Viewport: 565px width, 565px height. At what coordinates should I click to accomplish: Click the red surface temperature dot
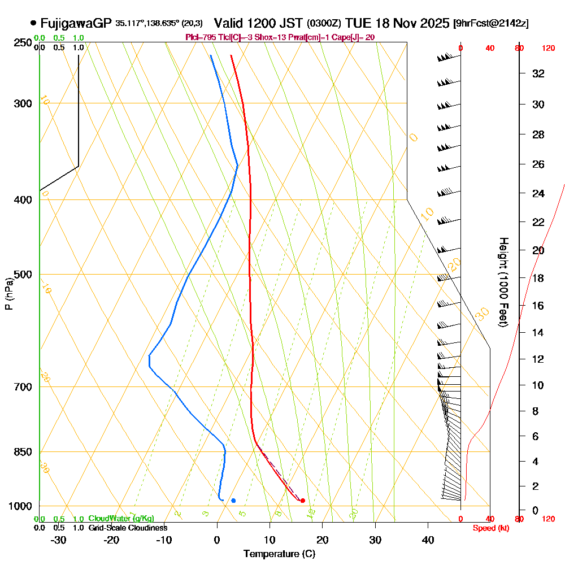click(x=303, y=501)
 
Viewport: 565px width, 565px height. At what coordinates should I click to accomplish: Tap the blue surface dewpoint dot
click(x=233, y=501)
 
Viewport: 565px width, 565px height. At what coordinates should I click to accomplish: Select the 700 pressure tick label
click(x=22, y=387)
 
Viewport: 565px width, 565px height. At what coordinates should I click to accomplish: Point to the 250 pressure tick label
click(x=22, y=43)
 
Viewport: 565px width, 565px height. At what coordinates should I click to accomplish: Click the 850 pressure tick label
click(x=22, y=452)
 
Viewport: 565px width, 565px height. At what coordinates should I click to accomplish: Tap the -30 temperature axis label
click(x=58, y=540)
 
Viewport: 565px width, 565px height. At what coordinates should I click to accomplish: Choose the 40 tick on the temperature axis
click(x=428, y=540)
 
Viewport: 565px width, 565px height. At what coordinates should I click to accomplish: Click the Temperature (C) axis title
click(x=279, y=554)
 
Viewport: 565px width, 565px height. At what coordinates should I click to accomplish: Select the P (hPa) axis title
click(x=8, y=294)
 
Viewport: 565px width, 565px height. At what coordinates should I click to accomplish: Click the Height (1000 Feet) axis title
click(x=502, y=281)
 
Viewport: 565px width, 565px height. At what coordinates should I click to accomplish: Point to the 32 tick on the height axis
click(x=538, y=73)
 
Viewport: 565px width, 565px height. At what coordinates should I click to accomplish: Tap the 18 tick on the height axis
click(x=538, y=278)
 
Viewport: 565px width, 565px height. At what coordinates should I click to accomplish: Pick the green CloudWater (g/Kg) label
click(x=121, y=519)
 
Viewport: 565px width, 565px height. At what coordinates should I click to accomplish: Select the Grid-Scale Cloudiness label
click(x=127, y=528)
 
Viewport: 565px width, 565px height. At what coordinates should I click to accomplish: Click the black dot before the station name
click(x=33, y=23)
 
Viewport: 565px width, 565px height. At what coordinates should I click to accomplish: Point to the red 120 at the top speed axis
click(x=548, y=49)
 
